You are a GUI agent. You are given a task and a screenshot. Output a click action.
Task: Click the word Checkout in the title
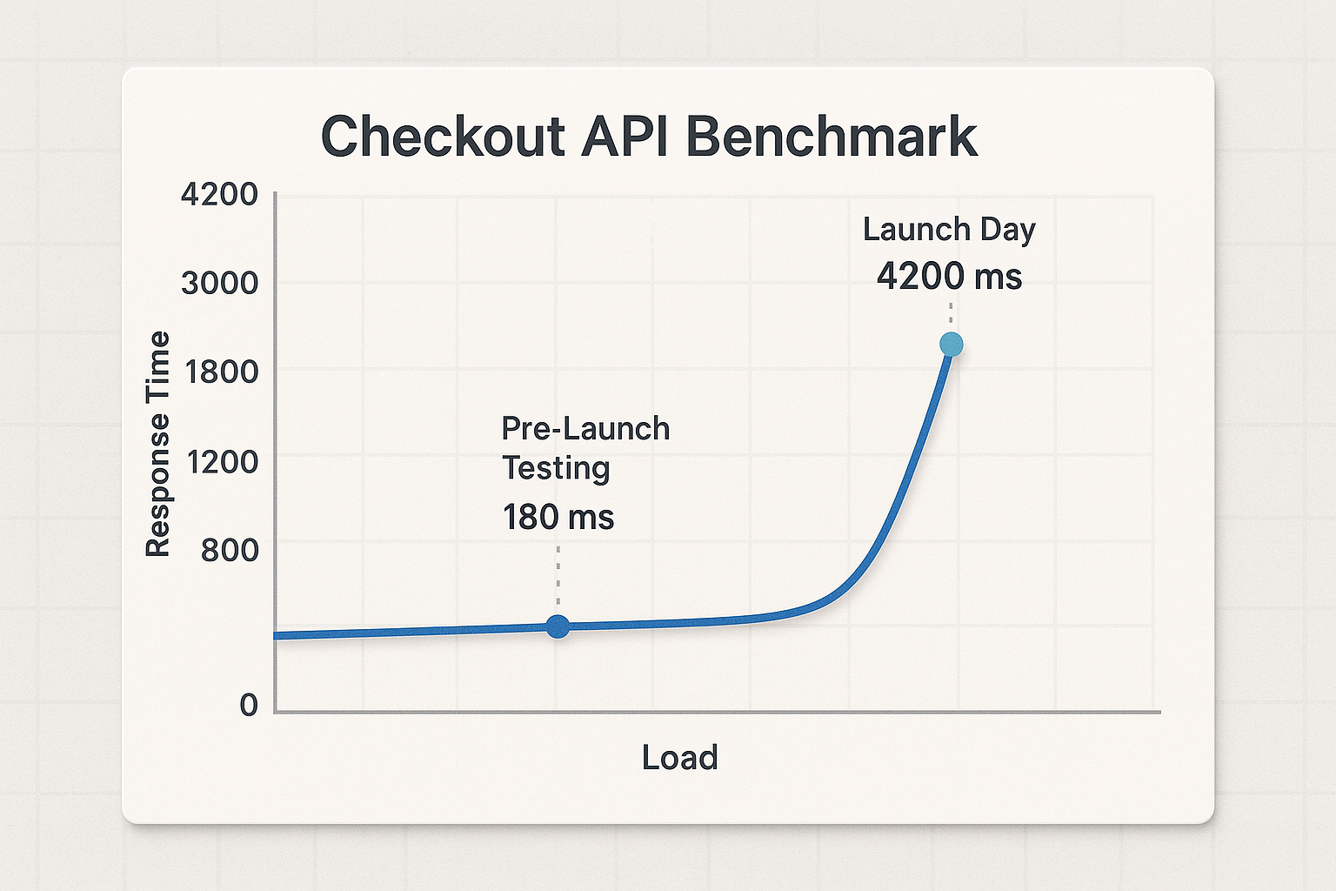[443, 137]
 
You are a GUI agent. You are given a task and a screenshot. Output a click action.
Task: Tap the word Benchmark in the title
[832, 137]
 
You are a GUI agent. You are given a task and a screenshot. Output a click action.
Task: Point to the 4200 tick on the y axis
[219, 194]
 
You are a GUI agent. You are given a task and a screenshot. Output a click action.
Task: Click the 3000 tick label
[219, 283]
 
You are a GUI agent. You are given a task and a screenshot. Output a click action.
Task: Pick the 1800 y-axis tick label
[222, 372]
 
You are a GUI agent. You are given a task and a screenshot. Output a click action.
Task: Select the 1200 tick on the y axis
[222, 460]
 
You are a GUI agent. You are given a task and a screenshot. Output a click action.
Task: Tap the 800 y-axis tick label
[230, 550]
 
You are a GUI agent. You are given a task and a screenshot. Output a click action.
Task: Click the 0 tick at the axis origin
[249, 704]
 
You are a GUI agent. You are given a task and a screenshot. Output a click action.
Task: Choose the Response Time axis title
[157, 444]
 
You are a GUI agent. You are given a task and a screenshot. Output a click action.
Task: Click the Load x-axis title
[679, 758]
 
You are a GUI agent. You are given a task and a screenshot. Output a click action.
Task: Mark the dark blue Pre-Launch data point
[558, 626]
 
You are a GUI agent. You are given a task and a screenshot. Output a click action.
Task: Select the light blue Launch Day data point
[951, 345]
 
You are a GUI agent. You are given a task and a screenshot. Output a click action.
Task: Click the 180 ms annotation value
[558, 517]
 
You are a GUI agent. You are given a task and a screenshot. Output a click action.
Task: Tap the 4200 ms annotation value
[949, 277]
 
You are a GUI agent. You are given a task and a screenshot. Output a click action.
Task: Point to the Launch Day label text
[949, 230]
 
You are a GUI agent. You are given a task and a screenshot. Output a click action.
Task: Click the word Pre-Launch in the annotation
[585, 429]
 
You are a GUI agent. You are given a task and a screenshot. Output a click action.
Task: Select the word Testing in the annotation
[556, 468]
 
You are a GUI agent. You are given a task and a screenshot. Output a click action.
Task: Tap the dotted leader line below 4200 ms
[951, 314]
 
